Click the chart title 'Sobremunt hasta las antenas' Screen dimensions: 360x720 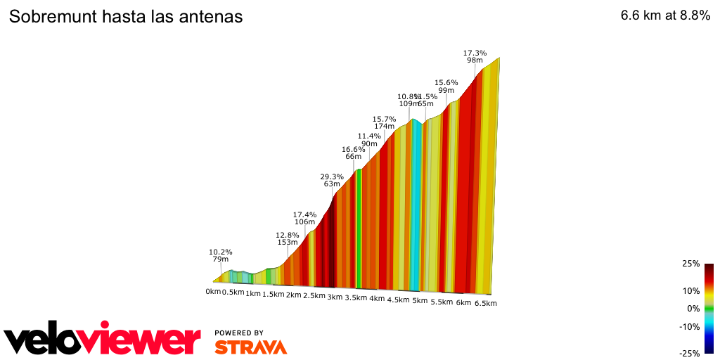coord(126,17)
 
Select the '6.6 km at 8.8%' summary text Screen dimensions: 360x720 coord(665,16)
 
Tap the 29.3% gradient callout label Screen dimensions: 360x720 coord(332,176)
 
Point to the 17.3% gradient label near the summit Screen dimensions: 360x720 coord(475,53)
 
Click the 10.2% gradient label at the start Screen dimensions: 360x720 coord(221,252)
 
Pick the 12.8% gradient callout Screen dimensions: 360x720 coord(288,235)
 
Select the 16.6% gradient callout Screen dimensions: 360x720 coord(354,149)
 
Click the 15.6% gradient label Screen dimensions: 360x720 coord(446,82)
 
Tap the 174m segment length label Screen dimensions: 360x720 coord(384,127)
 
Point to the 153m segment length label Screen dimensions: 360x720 coord(288,243)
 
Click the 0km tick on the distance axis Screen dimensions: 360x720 coord(214,292)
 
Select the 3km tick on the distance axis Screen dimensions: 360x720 coord(335,297)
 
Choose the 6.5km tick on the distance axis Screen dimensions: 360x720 coord(486,303)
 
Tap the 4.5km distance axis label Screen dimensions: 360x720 coord(398,300)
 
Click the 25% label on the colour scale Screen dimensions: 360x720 coord(690,264)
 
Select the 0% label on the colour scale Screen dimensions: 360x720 coord(693,309)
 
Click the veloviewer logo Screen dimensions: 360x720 coord(102,340)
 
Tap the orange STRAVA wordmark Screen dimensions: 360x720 coord(250,347)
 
